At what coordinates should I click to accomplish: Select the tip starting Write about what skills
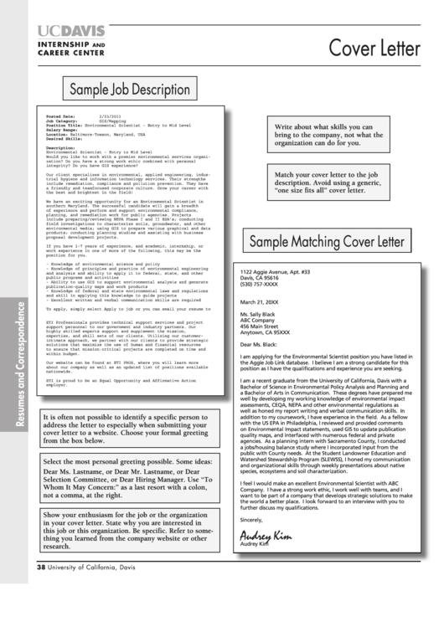pyautogui.click(x=328, y=135)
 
